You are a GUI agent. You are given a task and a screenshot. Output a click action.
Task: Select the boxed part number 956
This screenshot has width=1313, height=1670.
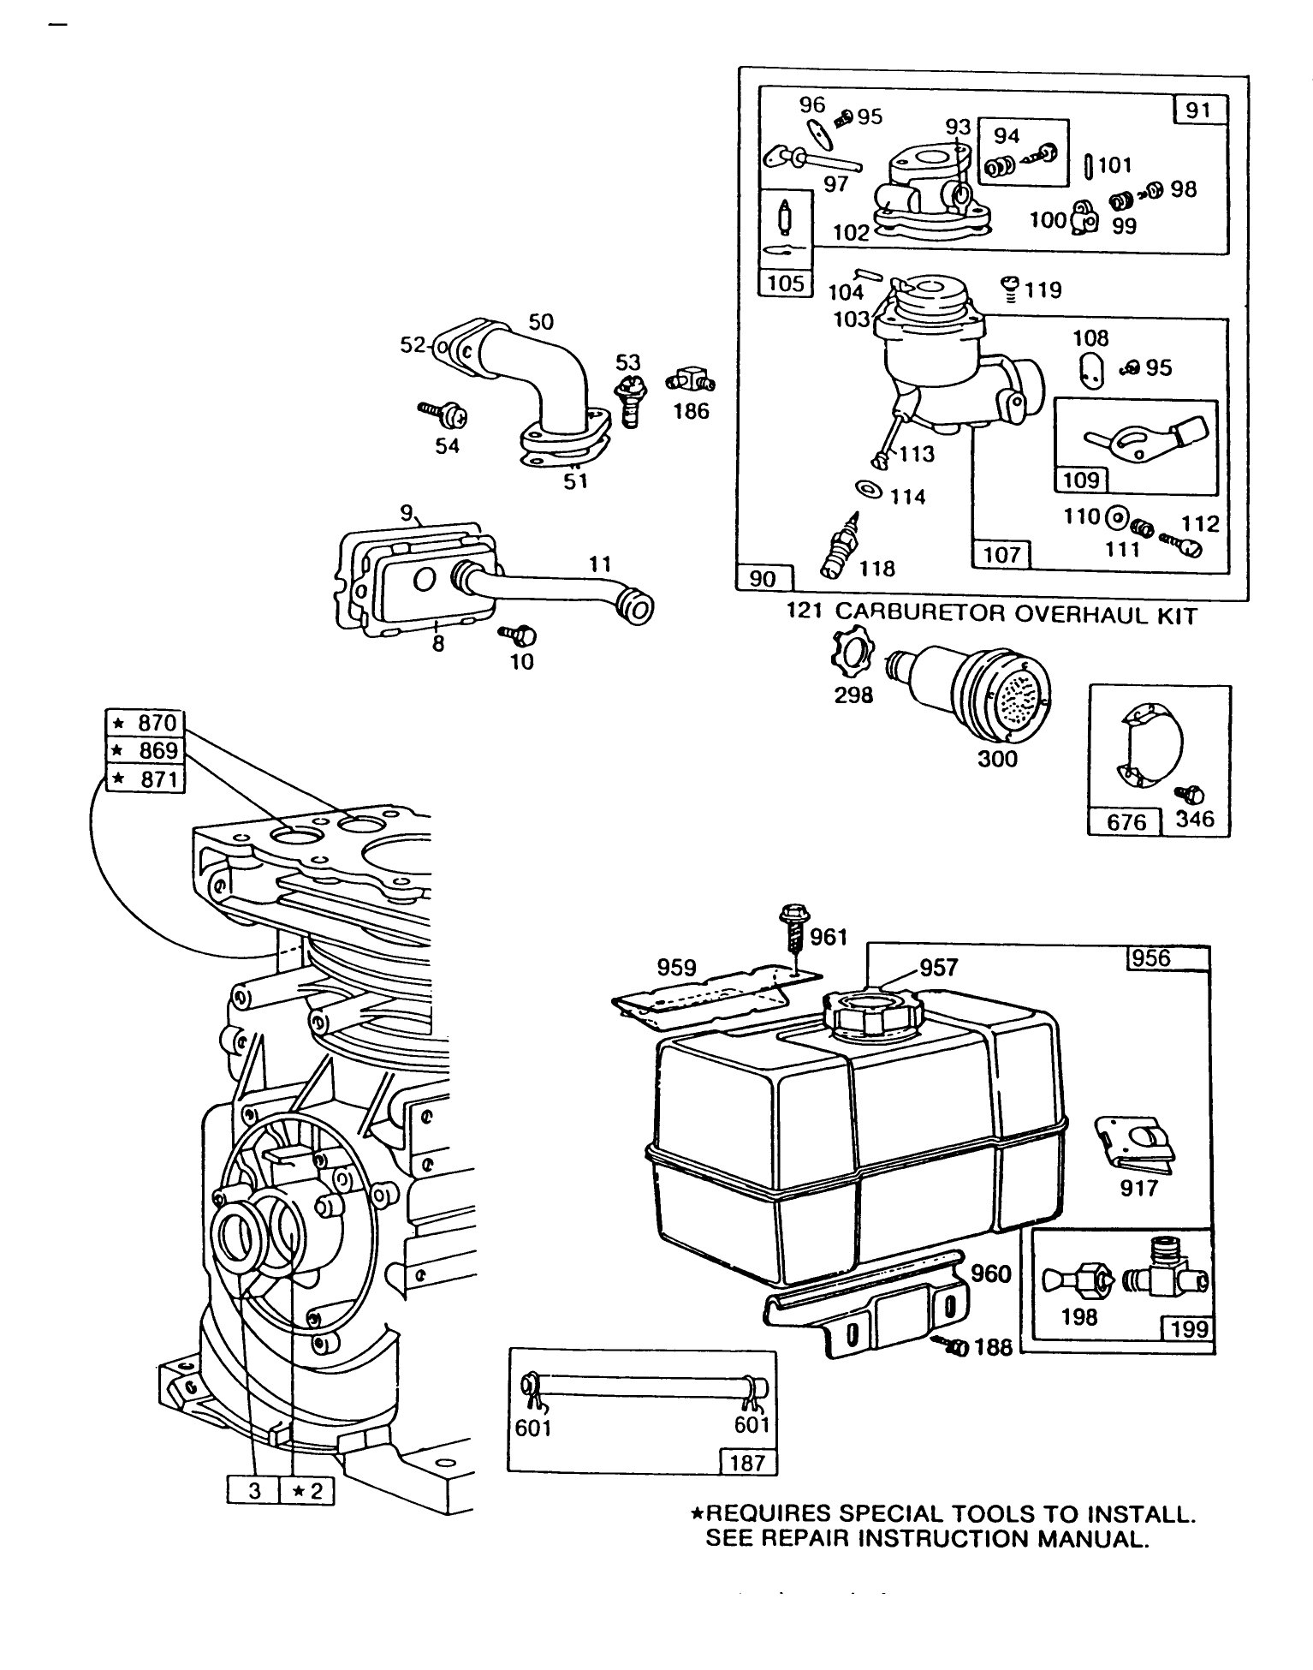(1150, 958)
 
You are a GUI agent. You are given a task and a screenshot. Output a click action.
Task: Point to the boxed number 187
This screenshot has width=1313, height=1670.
(747, 1462)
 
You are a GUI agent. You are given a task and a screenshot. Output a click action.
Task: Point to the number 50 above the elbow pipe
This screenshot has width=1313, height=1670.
(540, 322)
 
